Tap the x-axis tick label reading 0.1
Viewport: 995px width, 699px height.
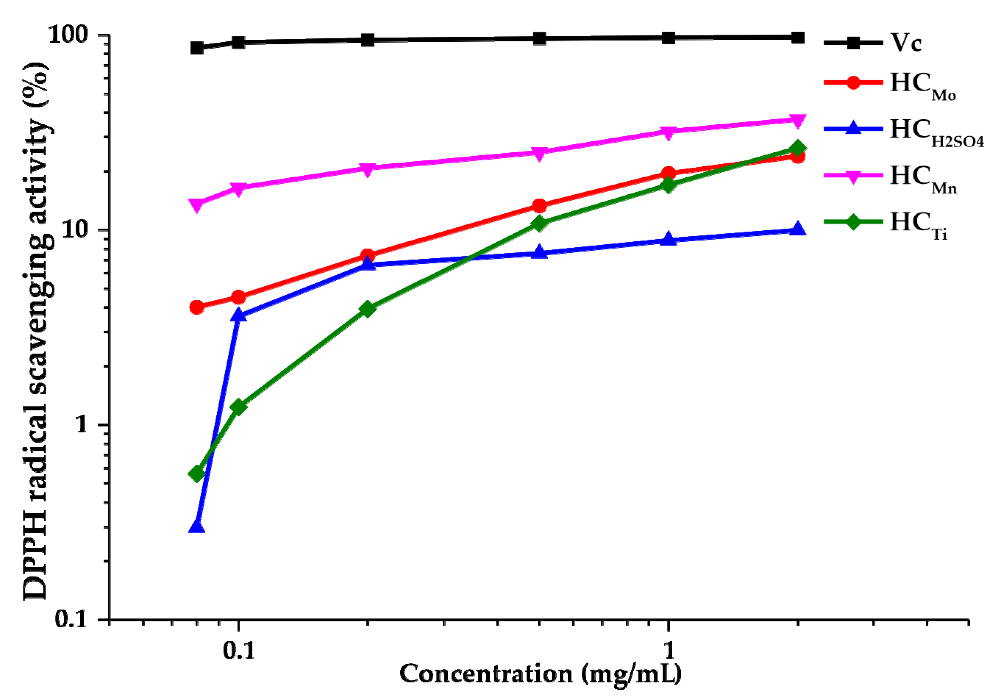point(238,650)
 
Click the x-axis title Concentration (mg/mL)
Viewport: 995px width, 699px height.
point(540,674)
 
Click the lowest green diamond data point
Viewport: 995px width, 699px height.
point(197,473)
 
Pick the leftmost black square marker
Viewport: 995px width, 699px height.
point(197,48)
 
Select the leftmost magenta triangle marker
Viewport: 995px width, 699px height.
point(197,205)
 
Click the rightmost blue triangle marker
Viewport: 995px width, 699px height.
point(797,229)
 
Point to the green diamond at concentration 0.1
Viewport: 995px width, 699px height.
point(238,407)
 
